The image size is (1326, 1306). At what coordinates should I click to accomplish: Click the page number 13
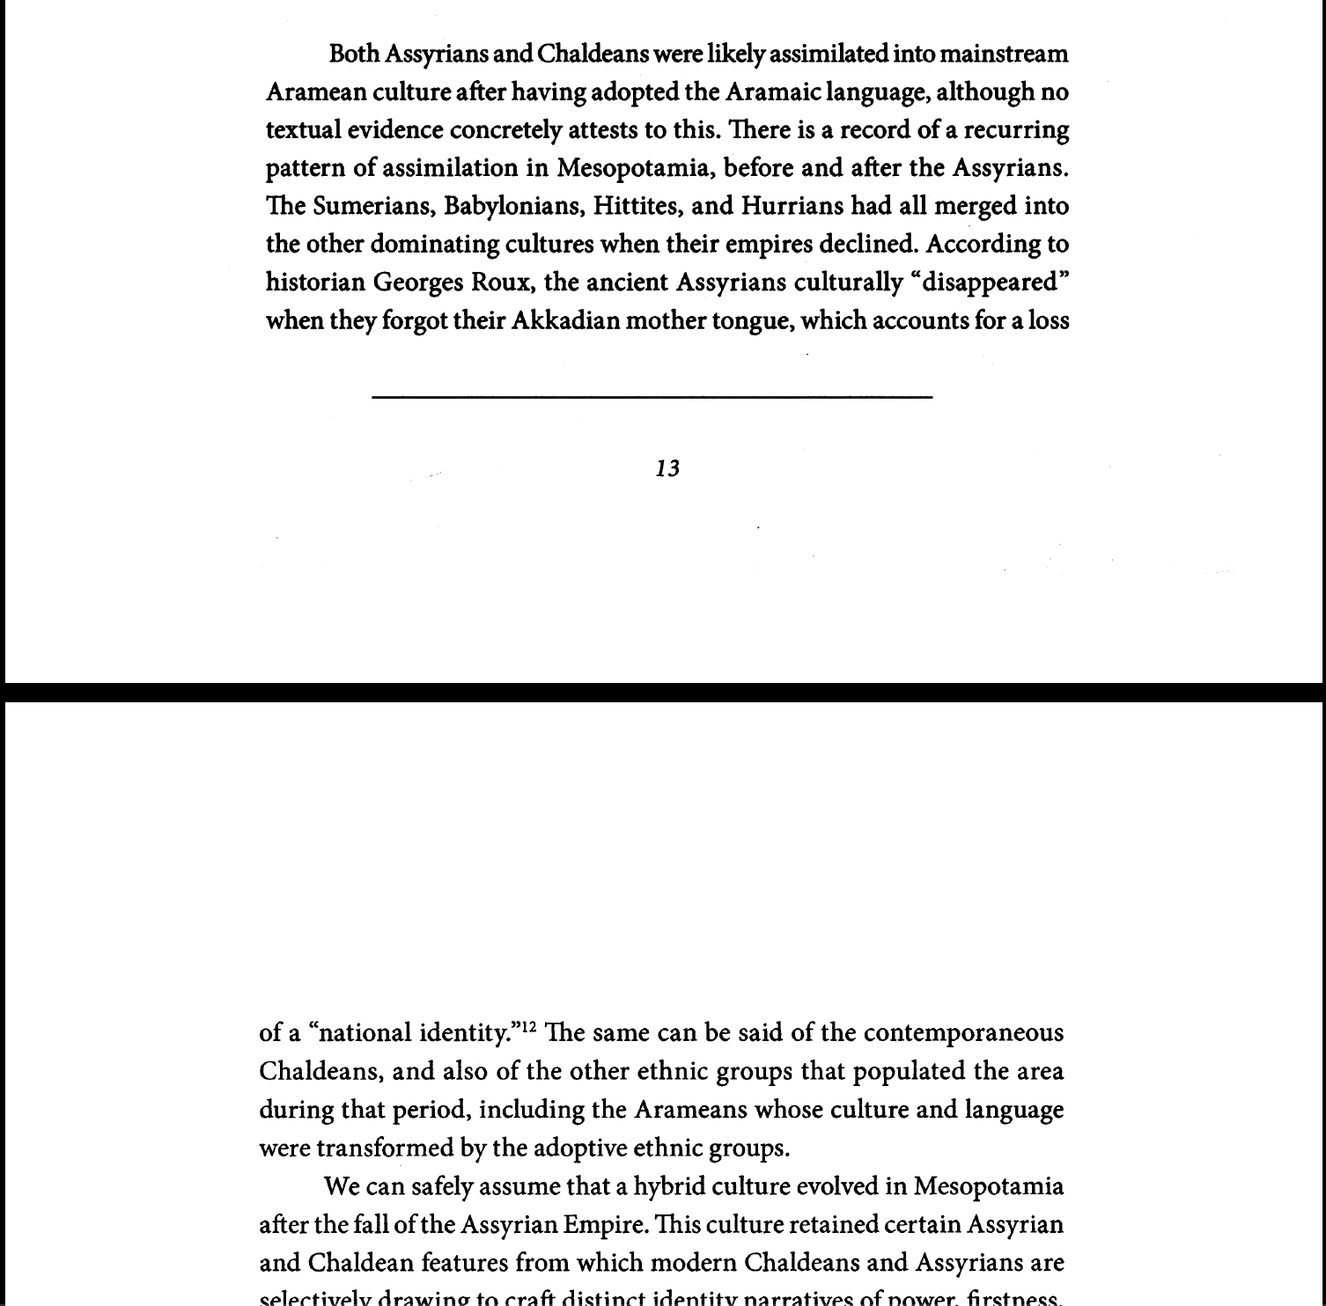tap(667, 468)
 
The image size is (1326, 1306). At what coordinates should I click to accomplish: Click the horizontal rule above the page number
tap(652, 398)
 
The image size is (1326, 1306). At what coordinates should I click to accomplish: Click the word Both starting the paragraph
tap(354, 55)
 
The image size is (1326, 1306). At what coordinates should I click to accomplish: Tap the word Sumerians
tap(374, 206)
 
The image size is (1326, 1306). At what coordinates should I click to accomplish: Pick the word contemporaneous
tap(963, 1032)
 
